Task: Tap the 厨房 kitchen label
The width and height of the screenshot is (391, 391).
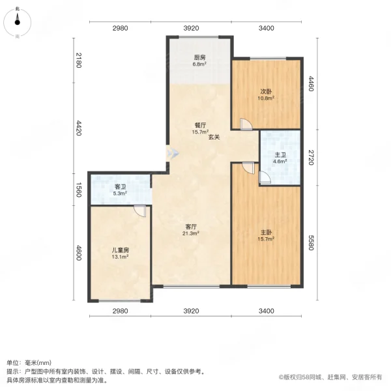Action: [199, 58]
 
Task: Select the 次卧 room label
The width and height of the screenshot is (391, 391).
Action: [266, 91]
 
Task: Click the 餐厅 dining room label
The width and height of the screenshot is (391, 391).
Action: [199, 125]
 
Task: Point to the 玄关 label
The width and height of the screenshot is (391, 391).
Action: [214, 138]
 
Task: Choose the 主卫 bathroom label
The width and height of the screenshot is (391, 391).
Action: [280, 154]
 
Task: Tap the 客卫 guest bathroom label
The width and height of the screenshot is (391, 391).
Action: [119, 186]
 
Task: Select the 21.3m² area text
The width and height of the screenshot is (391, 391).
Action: [191, 233]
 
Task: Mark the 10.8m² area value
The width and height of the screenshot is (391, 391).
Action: [266, 98]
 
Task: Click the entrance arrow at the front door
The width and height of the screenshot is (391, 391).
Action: [173, 154]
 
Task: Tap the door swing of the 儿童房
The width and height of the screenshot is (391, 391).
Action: [139, 211]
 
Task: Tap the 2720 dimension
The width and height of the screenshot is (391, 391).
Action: [311, 157]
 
